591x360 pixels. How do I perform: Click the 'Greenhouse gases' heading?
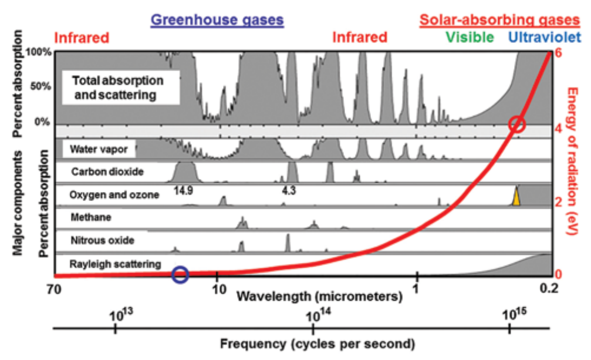[217, 20]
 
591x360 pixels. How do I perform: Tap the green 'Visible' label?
[469, 38]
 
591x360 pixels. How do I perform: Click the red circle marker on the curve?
[516, 125]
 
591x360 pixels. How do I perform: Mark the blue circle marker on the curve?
[181, 274]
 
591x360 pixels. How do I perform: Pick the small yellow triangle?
[516, 197]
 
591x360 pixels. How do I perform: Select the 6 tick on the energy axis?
[559, 52]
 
